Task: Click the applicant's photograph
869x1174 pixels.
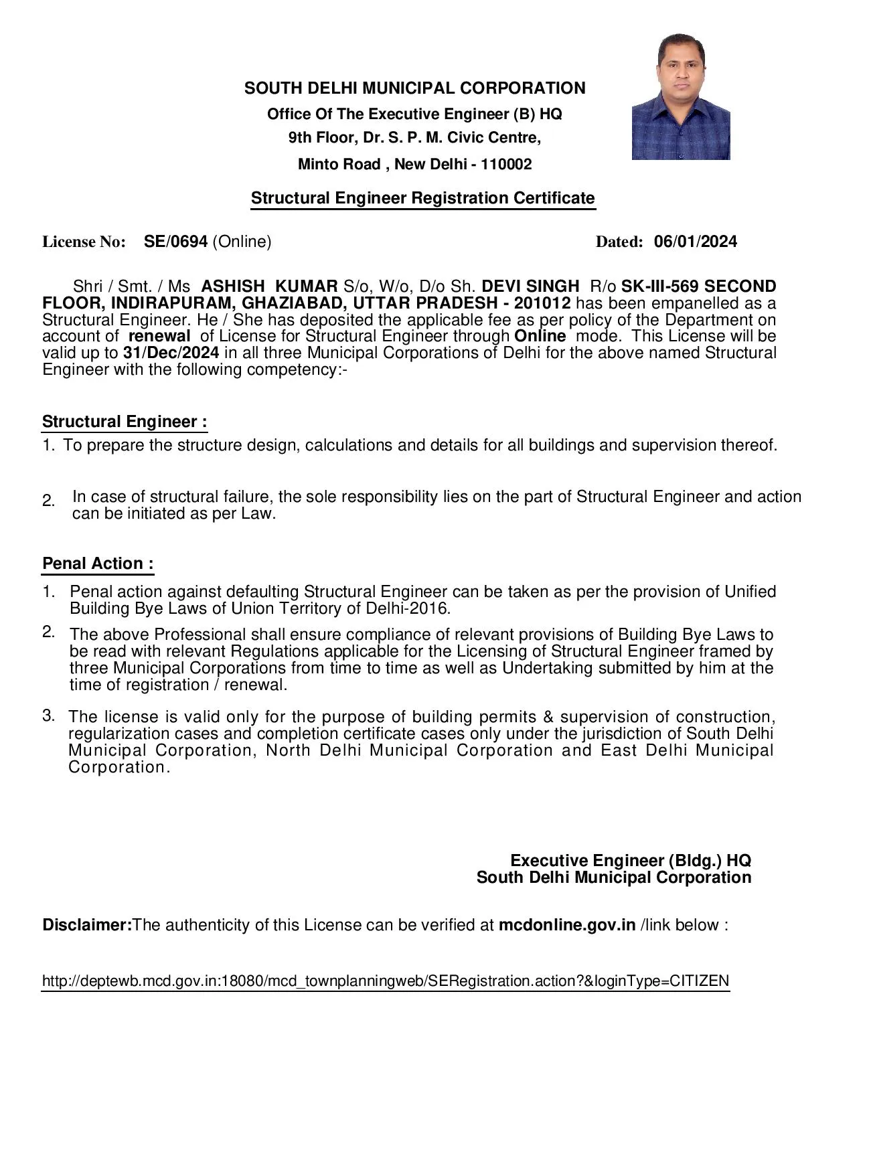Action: (x=680, y=97)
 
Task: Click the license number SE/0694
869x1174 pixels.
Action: (x=175, y=242)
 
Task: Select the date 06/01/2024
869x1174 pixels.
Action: (x=695, y=242)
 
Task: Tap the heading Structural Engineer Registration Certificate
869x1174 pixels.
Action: (x=422, y=198)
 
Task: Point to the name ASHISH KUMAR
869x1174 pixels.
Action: (x=269, y=286)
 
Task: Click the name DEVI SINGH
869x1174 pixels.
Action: (x=530, y=286)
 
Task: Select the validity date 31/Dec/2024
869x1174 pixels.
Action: (x=171, y=353)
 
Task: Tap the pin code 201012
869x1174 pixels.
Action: (x=542, y=303)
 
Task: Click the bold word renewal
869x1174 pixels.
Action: (x=159, y=336)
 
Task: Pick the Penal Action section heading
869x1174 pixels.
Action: (x=98, y=564)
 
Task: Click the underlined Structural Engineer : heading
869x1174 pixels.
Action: (x=125, y=422)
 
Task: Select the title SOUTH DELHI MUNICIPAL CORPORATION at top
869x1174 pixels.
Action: (x=414, y=88)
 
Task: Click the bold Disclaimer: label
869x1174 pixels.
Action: (x=87, y=925)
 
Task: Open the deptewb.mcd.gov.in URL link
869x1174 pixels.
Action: (x=385, y=981)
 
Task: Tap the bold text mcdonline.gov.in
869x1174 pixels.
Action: (x=566, y=925)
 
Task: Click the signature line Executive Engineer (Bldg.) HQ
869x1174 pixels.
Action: (x=630, y=861)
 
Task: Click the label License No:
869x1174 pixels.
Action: (x=84, y=242)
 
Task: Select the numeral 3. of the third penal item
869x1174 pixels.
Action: (x=48, y=716)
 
